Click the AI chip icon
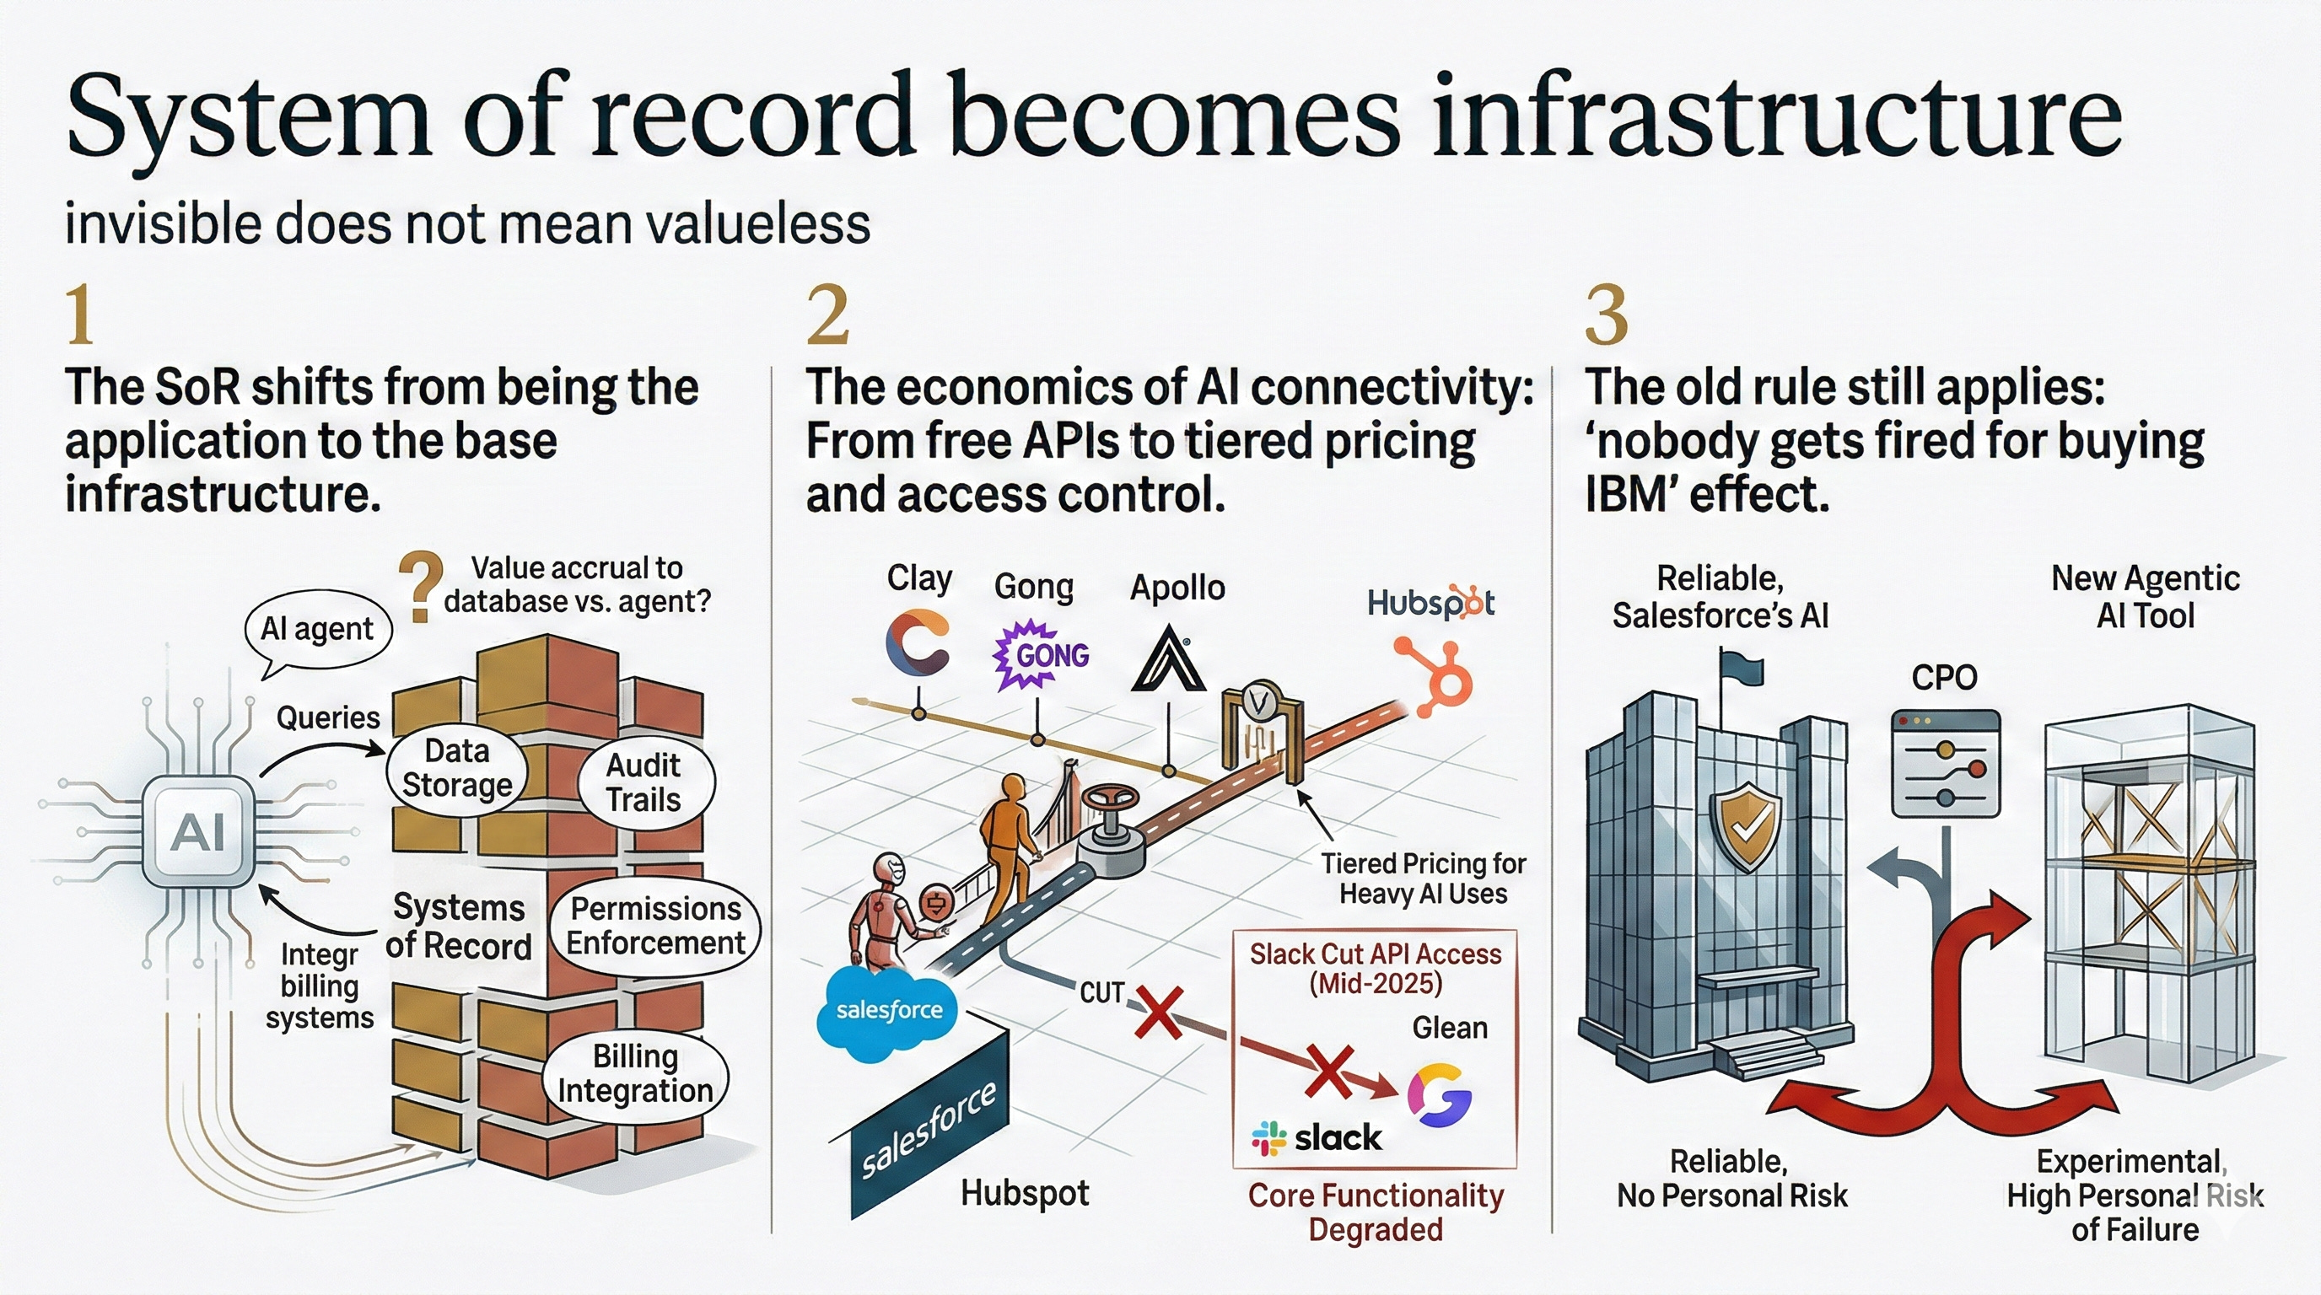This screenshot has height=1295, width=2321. tap(199, 831)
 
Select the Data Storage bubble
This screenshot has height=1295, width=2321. tap(457, 767)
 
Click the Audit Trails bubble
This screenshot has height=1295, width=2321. tap(643, 782)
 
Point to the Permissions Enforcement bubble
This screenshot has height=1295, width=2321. tap(655, 926)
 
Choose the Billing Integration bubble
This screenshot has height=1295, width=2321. tap(634, 1073)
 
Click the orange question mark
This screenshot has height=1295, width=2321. tap(421, 587)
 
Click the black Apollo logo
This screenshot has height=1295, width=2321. tap(1168, 659)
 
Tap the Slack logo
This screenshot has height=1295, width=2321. tap(1317, 1138)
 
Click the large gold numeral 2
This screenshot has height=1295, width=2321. tap(827, 314)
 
